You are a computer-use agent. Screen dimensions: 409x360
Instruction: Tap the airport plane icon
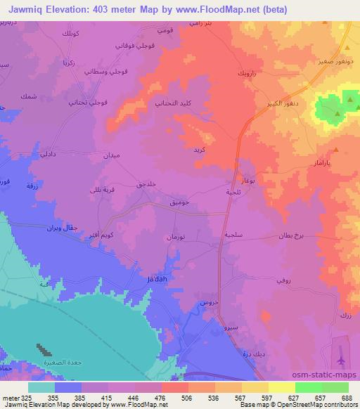tap(341, 360)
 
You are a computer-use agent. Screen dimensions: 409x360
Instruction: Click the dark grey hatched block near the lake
tap(44, 348)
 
